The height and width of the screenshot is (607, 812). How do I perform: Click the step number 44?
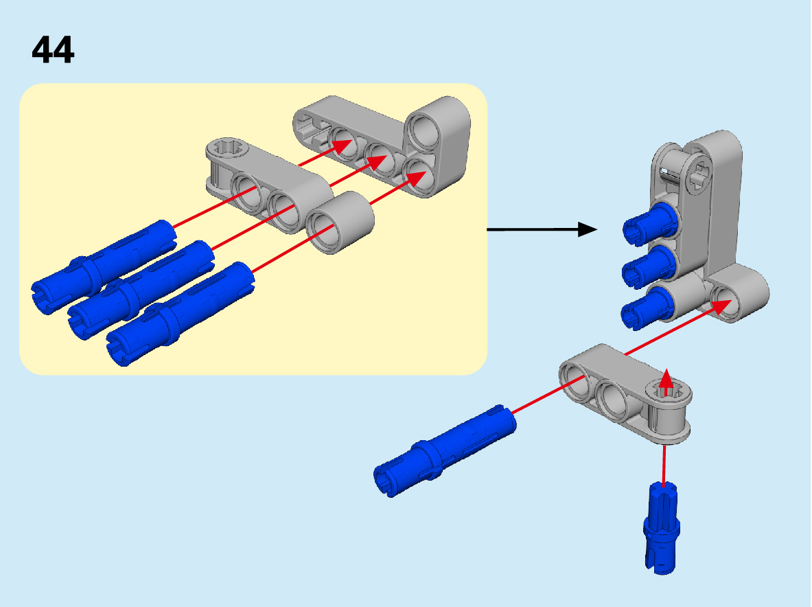[53, 49]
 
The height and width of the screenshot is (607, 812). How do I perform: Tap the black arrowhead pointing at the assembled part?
[588, 229]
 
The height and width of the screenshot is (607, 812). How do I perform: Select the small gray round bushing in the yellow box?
[340, 222]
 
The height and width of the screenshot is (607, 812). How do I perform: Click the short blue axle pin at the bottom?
[661, 528]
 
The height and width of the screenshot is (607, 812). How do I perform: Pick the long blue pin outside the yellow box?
[444, 450]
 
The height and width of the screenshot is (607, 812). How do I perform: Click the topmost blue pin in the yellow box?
[104, 266]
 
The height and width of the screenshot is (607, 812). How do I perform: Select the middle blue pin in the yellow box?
[141, 290]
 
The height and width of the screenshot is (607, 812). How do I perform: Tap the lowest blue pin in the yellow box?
[181, 314]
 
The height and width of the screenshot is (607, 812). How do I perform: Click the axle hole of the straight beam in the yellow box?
[227, 148]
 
